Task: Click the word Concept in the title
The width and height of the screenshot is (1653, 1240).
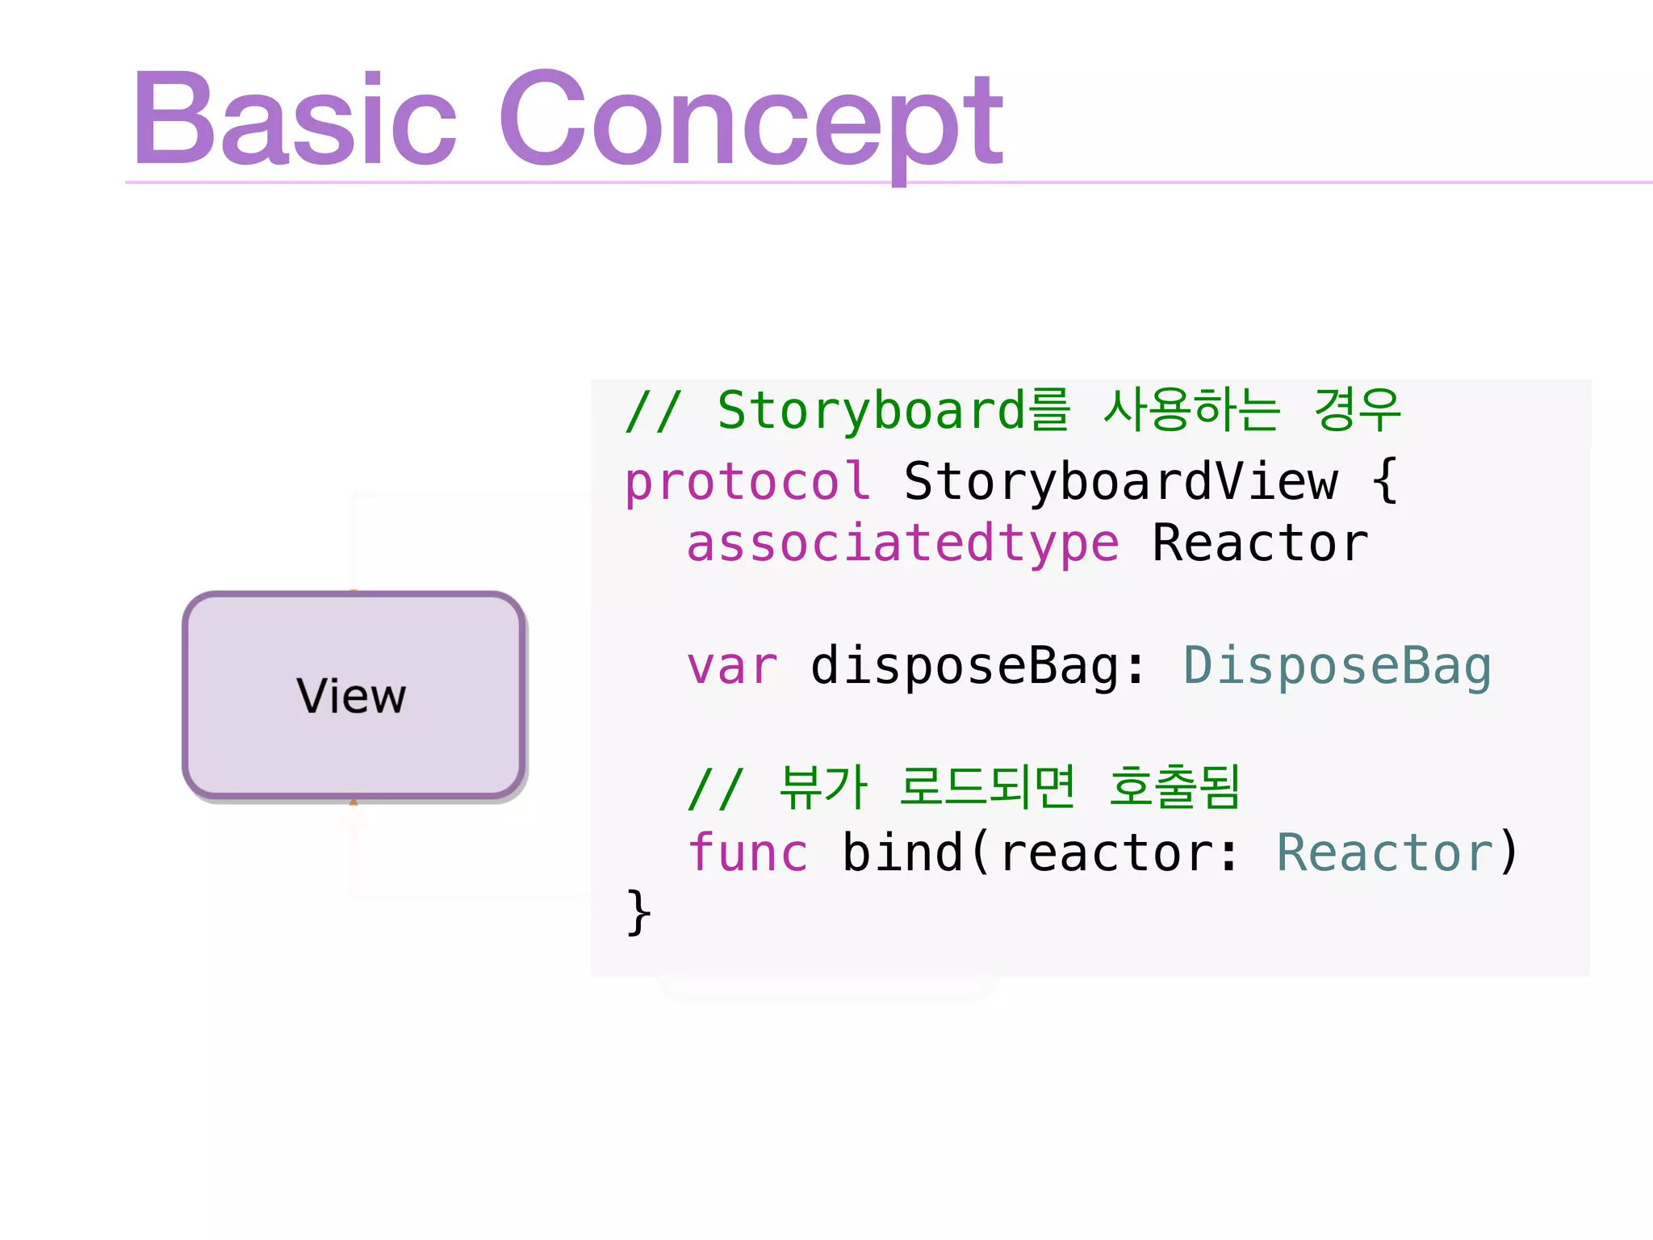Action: point(751,121)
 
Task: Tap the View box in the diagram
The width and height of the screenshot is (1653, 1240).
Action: point(354,696)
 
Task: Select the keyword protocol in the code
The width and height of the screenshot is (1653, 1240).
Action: point(747,483)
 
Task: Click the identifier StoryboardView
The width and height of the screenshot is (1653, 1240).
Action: point(1120,482)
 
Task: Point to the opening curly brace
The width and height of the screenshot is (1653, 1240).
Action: point(1385,481)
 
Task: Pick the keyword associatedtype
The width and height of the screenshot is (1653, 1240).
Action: point(902,543)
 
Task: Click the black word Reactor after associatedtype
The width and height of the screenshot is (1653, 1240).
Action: point(1260,543)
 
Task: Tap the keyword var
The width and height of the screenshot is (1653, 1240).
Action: point(732,667)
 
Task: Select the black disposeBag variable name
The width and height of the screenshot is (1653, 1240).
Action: point(965,667)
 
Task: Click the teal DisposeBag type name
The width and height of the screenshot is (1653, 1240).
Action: point(1337,667)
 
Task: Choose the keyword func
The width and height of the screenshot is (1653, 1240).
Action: point(747,853)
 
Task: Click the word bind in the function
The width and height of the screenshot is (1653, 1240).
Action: point(902,853)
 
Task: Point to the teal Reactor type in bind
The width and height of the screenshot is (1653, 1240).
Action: point(1384,853)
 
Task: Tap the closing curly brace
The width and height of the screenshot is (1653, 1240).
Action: point(638,912)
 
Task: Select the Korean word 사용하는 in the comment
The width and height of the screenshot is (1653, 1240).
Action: point(1191,410)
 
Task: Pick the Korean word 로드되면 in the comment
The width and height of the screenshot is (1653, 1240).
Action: point(987,787)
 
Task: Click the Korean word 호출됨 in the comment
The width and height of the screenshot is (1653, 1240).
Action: point(1174,787)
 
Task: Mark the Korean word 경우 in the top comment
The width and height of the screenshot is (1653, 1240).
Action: point(1358,410)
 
